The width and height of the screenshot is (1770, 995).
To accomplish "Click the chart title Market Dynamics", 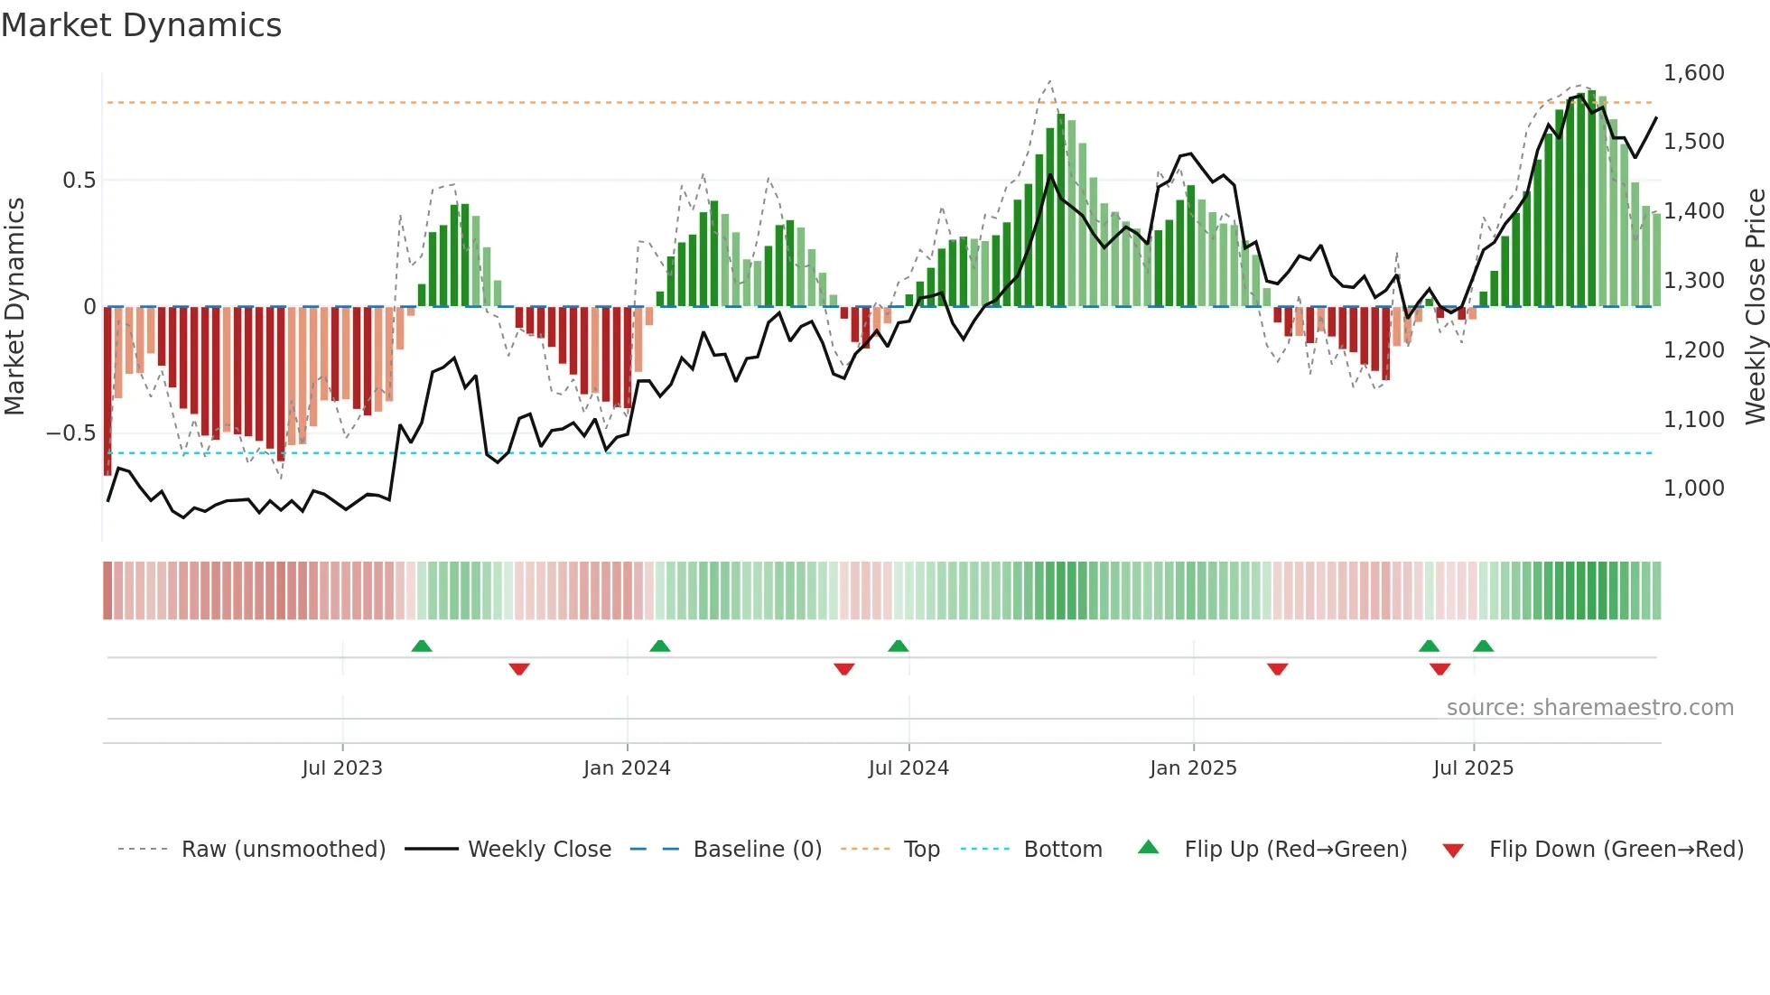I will (141, 25).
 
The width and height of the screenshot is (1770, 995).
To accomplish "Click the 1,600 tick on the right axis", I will (1693, 73).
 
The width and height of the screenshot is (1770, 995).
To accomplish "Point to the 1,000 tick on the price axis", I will (1693, 488).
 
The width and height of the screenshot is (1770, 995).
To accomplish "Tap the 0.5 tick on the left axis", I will (79, 181).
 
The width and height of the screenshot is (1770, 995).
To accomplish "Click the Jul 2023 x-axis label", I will (342, 768).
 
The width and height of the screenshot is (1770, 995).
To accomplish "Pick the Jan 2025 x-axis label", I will (1193, 768).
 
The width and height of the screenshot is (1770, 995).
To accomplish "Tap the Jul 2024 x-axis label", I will (908, 768).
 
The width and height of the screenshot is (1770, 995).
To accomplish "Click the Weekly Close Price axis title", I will (1755, 307).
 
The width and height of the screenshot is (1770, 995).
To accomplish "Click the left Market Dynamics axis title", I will (14, 307).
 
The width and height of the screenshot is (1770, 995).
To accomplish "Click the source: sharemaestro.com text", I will (1589, 708).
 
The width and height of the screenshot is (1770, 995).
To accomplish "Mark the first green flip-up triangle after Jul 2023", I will (422, 646).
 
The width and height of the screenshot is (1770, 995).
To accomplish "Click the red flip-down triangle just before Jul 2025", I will (1439, 669).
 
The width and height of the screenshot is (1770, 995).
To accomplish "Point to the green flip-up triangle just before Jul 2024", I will (898, 646).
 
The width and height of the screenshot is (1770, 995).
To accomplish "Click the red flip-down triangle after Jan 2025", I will (1277, 669).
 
